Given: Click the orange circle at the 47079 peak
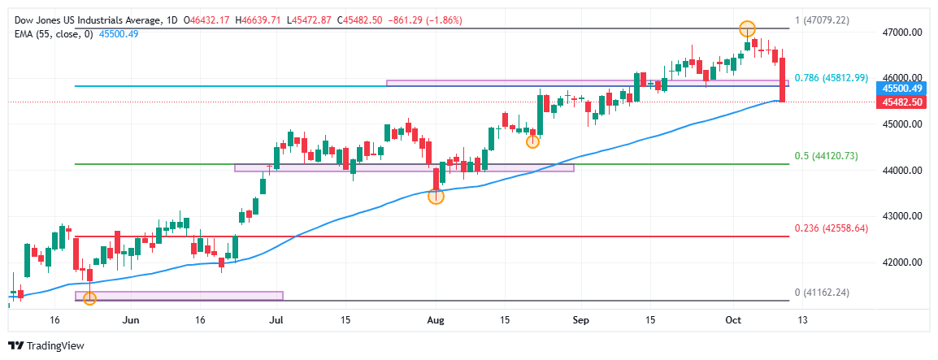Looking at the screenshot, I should coord(748,29).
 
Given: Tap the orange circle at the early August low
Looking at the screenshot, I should coord(436,197).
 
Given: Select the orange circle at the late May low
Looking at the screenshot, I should coord(90,298).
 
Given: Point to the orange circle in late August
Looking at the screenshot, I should coord(532,141).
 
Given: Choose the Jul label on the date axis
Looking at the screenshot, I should coord(277,320).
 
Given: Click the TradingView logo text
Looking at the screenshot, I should coord(55,345).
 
